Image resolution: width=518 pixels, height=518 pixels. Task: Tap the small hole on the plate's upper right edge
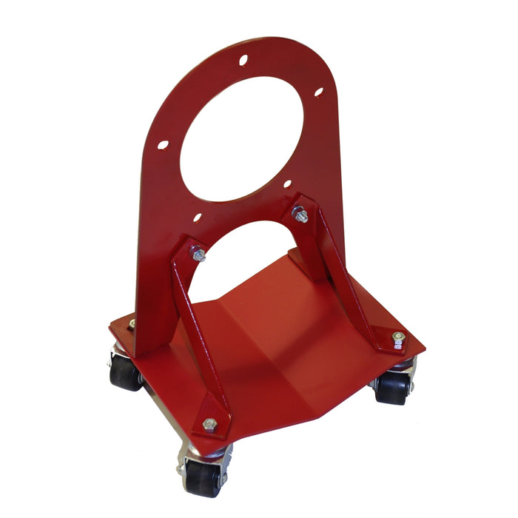click(x=318, y=92)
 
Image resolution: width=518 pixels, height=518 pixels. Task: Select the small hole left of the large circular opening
click(x=163, y=145)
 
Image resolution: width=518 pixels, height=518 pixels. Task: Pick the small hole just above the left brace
click(x=198, y=218)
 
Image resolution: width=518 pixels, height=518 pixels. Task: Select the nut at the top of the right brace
click(x=300, y=215)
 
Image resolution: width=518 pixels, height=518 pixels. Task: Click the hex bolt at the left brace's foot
click(x=210, y=424)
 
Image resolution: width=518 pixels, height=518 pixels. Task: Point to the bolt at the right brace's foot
click(x=397, y=338)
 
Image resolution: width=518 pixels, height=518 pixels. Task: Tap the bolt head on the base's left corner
click(x=132, y=323)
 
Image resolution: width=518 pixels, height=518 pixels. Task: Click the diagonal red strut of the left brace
click(x=194, y=326)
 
